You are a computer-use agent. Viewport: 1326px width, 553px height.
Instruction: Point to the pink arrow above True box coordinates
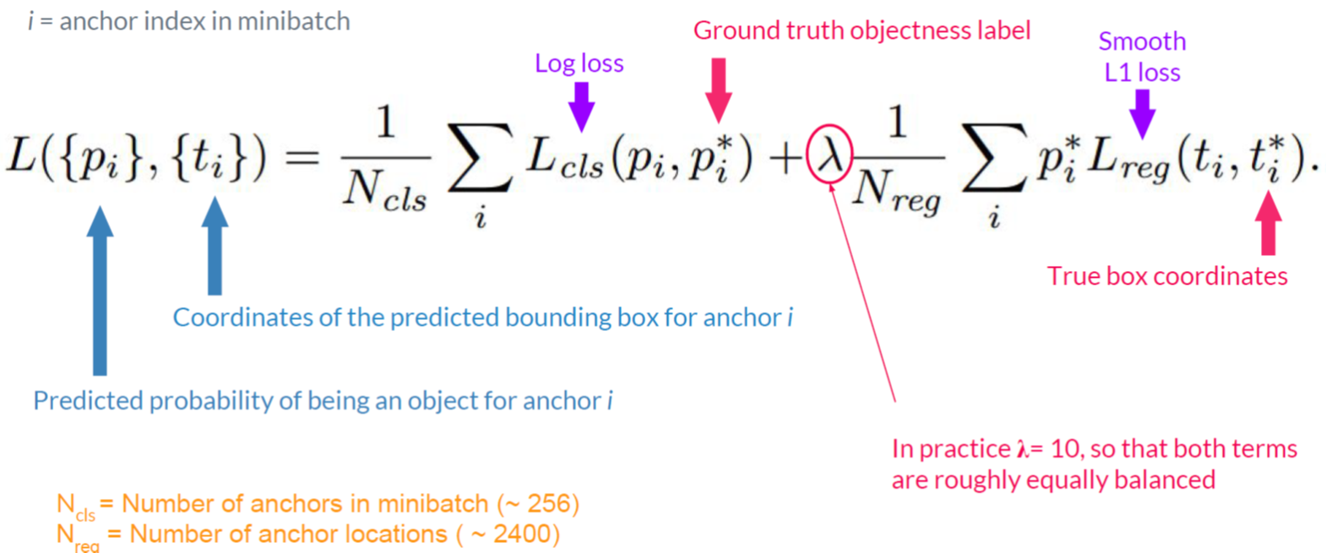point(1268,223)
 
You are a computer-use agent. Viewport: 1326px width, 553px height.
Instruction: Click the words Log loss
point(579,63)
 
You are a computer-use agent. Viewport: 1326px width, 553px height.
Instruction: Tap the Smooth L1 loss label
point(1142,57)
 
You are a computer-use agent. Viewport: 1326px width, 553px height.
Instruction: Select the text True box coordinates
point(1167,276)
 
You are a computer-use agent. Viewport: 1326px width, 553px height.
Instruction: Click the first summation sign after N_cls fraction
point(480,158)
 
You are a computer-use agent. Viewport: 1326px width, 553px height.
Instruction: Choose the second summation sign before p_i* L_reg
point(994,158)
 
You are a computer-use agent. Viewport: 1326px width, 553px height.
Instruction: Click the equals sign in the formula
point(302,157)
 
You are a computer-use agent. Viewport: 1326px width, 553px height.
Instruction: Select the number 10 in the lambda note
point(1067,449)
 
